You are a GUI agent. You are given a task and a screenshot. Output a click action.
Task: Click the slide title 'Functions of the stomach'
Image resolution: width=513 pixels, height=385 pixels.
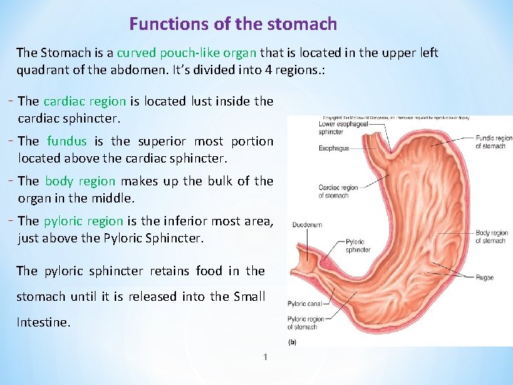tap(233, 24)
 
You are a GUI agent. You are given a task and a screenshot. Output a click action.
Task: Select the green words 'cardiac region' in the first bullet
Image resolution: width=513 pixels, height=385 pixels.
tap(85, 101)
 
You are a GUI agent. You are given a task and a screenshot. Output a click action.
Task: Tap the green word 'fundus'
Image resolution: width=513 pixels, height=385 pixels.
tap(66, 141)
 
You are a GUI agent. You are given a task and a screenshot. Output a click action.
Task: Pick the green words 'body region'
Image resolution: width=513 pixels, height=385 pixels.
tap(83, 181)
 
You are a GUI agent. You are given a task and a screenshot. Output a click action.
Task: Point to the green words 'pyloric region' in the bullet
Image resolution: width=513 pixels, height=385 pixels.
tap(83, 221)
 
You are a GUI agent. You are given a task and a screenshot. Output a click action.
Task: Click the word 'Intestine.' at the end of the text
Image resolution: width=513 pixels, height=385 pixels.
tap(43, 322)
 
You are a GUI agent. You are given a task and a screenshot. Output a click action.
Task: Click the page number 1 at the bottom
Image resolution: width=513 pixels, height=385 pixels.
tap(265, 356)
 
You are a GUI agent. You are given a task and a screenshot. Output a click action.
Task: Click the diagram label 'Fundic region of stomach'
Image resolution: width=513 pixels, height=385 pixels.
tap(493, 142)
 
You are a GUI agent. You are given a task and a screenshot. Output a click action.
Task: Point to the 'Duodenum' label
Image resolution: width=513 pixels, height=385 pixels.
tap(307, 225)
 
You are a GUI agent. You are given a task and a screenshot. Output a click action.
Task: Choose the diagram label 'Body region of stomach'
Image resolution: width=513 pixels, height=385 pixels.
tap(491, 236)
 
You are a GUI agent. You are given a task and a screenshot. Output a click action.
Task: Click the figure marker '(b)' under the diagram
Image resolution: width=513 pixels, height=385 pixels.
tap(292, 342)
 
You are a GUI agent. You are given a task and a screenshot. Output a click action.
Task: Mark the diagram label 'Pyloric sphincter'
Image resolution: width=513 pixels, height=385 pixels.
tap(358, 246)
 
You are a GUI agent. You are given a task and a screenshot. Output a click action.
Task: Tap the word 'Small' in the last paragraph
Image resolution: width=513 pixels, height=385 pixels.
tap(249, 297)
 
